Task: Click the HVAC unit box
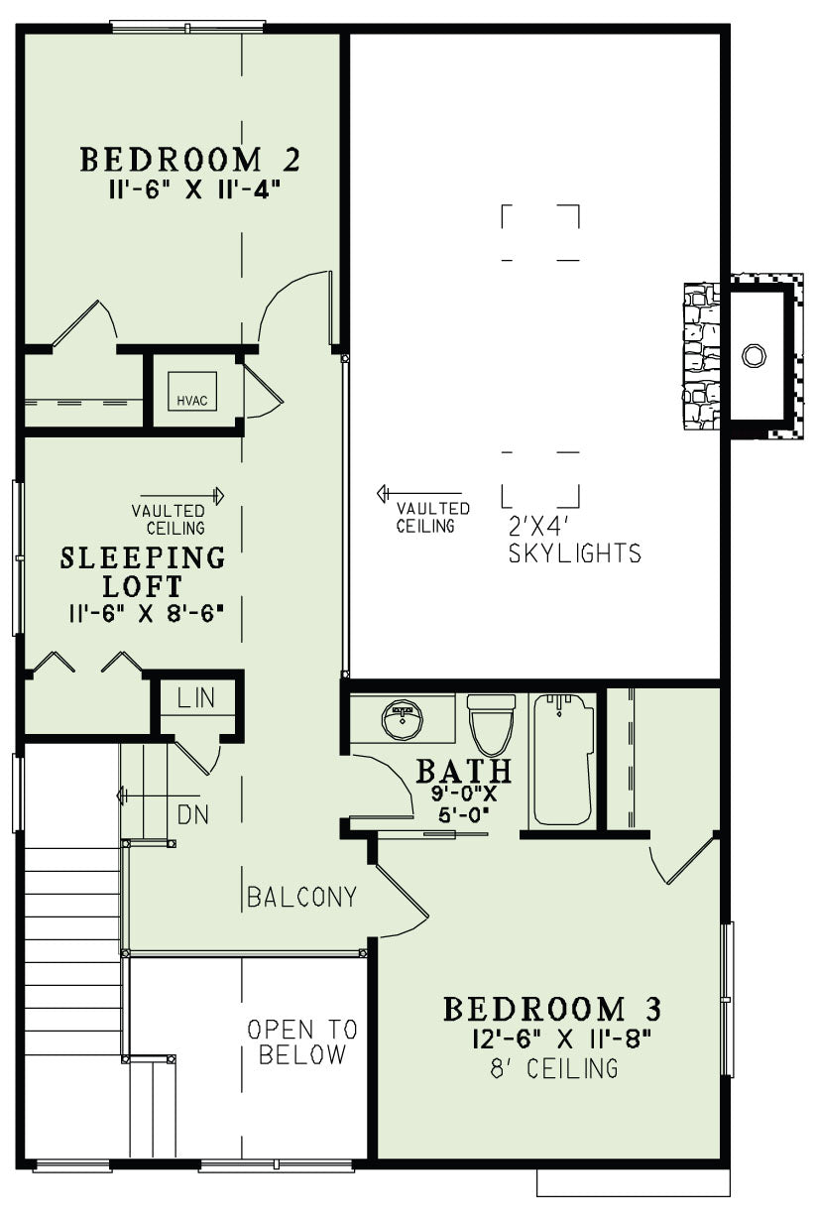pyautogui.click(x=192, y=391)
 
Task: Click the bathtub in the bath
pyautogui.click(x=562, y=759)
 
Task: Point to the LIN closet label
pyautogui.click(x=196, y=698)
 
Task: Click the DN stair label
pyautogui.click(x=193, y=815)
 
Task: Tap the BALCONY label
pyautogui.click(x=301, y=897)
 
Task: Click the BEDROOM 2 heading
pyautogui.click(x=190, y=160)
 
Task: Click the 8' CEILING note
pyautogui.click(x=554, y=1068)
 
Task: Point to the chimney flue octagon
pyautogui.click(x=754, y=355)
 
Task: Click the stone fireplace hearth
pyautogui.click(x=701, y=356)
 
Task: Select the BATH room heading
pyautogui.click(x=464, y=771)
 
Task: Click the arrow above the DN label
pyautogui.click(x=159, y=795)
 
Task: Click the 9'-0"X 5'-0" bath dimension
pyautogui.click(x=463, y=804)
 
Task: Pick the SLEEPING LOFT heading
pyautogui.click(x=143, y=571)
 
